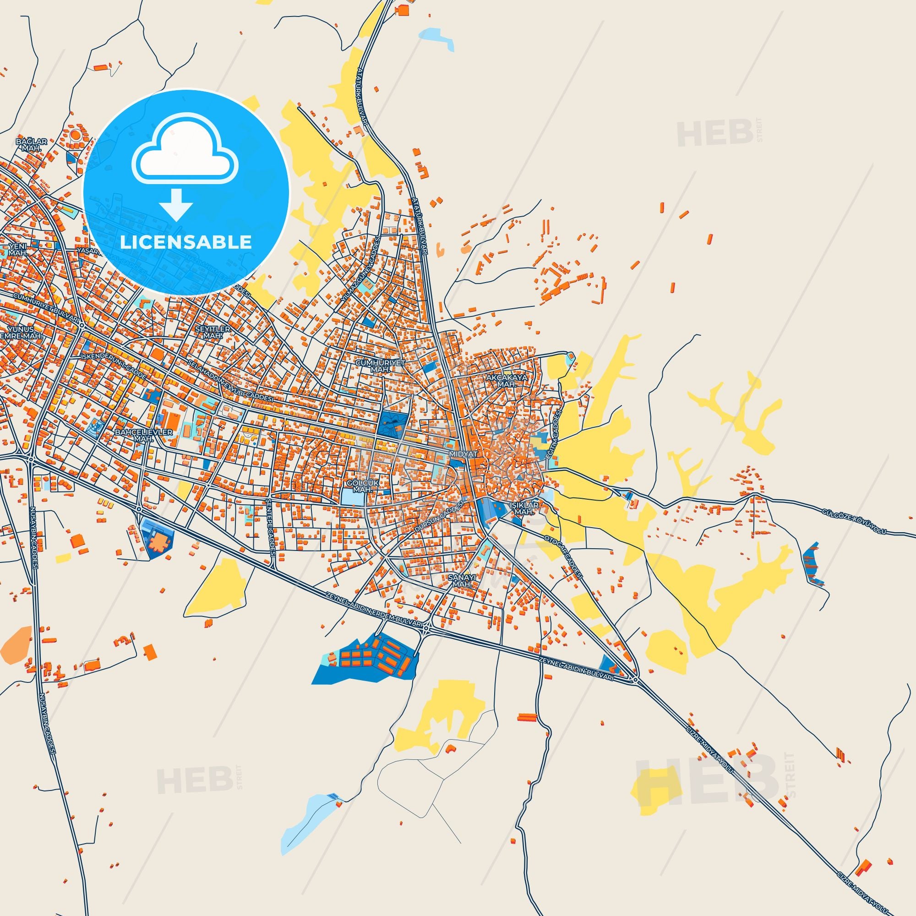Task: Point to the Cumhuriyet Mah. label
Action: tap(375, 365)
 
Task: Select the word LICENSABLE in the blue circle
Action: tap(186, 242)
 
